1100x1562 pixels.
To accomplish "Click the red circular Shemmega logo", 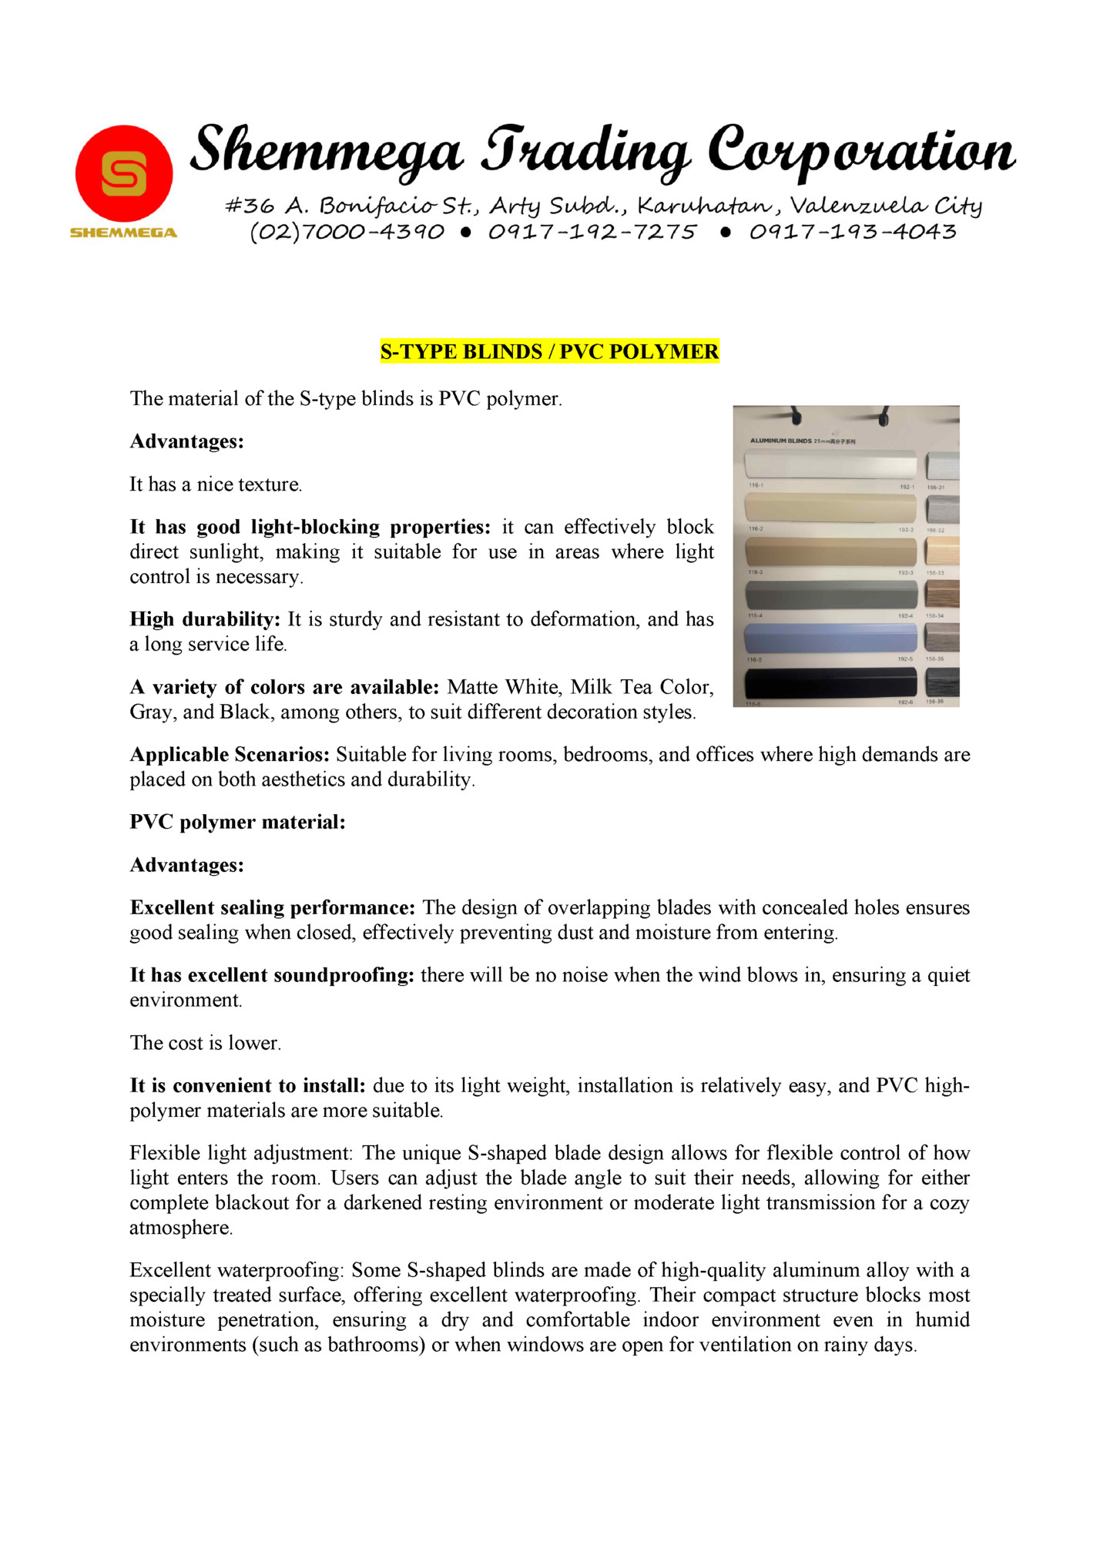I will click(x=123, y=174).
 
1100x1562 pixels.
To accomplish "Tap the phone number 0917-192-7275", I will click(x=592, y=232).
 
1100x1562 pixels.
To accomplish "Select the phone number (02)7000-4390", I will click(x=347, y=232).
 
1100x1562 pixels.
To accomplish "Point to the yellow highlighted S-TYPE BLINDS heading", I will click(x=549, y=352).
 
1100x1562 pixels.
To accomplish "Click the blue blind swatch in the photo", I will click(x=830, y=638).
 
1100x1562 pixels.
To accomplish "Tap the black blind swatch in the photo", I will click(x=830, y=682).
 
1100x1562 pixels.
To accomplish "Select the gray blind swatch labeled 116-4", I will click(x=830, y=595).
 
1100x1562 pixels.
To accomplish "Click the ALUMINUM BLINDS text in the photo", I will click(x=780, y=441).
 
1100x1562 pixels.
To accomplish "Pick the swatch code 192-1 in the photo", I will click(x=907, y=487).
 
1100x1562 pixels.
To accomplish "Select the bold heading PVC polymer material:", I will click(x=237, y=822).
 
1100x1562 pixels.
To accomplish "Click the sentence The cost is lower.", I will click(x=205, y=1043).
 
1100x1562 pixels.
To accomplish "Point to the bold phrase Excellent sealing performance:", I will click(x=273, y=907).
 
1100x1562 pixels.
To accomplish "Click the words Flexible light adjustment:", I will click(x=240, y=1153).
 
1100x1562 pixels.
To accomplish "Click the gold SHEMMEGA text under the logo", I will click(x=123, y=233).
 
